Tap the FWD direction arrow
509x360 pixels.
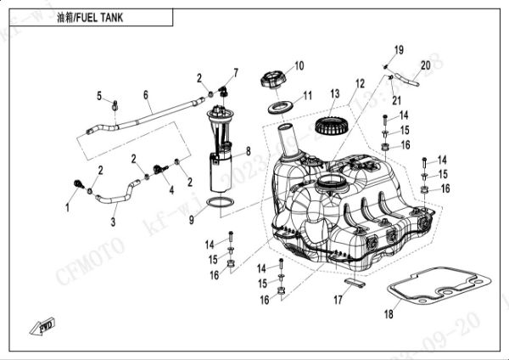(x=43, y=325)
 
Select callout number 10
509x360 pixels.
(x=299, y=65)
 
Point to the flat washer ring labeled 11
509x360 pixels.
(x=280, y=108)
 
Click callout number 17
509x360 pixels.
(x=338, y=298)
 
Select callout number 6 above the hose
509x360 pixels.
(x=145, y=94)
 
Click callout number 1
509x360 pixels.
(x=69, y=206)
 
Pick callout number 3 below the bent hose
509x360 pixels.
(x=113, y=222)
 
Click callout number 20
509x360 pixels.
(x=426, y=65)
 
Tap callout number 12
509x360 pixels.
(x=360, y=83)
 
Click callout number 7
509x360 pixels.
(x=235, y=72)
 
